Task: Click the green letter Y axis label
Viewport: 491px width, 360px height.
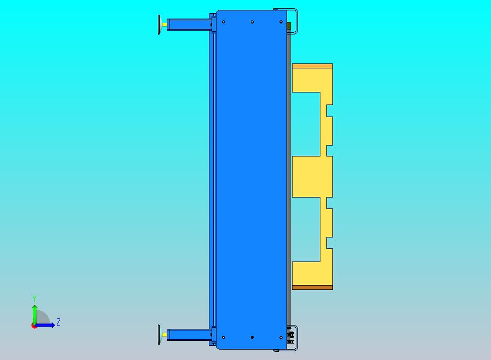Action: pyautogui.click(x=34, y=298)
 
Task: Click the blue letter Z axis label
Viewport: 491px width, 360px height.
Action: pyautogui.click(x=59, y=322)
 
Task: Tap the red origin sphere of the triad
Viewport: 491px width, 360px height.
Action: pyautogui.click(x=33, y=326)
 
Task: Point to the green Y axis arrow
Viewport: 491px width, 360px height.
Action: pyautogui.click(x=34, y=315)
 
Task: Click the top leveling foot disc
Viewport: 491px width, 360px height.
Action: pyautogui.click(x=159, y=25)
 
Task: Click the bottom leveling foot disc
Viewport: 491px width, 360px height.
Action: pyautogui.click(x=159, y=335)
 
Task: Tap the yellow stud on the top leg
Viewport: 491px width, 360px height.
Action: pyautogui.click(x=164, y=25)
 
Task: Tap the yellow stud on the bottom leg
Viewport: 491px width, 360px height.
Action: pyautogui.click(x=164, y=335)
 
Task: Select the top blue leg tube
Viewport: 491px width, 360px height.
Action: pyautogui.click(x=189, y=25)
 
